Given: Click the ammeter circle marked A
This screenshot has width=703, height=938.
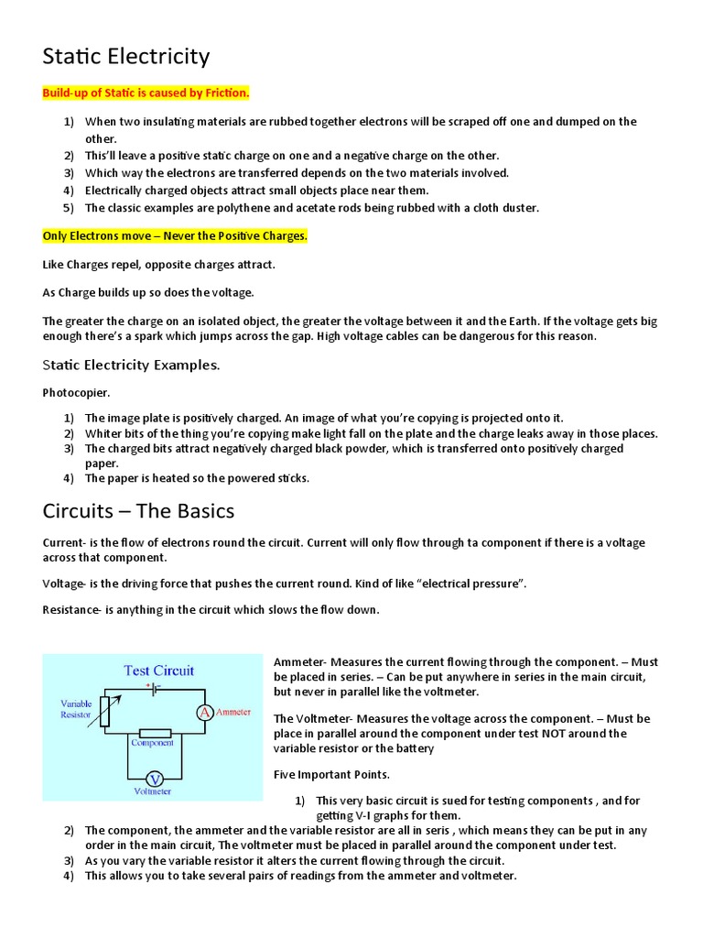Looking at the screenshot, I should pyautogui.click(x=206, y=713).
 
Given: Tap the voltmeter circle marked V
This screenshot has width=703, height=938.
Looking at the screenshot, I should pyautogui.click(x=155, y=779).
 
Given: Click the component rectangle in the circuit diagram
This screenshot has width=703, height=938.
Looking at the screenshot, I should pyautogui.click(x=155, y=733).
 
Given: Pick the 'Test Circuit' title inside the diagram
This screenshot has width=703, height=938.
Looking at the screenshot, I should pyautogui.click(x=159, y=671).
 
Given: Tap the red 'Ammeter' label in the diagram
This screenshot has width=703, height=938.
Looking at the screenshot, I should pyautogui.click(x=233, y=712).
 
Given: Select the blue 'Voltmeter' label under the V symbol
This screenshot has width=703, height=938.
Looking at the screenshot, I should pyautogui.click(x=154, y=791).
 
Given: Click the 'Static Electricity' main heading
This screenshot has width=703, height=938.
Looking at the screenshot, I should pyautogui.click(x=126, y=57).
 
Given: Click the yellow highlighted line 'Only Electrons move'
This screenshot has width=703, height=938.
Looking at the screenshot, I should pyautogui.click(x=176, y=236).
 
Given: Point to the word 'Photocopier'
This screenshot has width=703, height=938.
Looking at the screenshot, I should pyautogui.click(x=75, y=392).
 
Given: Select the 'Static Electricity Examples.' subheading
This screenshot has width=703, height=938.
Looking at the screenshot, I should pyautogui.click(x=131, y=365).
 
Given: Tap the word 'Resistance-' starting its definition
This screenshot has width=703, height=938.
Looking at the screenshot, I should pyautogui.click(x=71, y=610).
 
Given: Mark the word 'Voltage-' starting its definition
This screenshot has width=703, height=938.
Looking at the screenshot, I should pyautogui.click(x=65, y=584).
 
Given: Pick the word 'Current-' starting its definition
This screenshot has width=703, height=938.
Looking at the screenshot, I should pyautogui.click(x=64, y=543).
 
